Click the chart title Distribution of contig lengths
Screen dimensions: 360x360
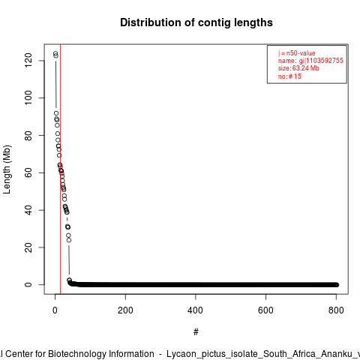[x=196, y=22]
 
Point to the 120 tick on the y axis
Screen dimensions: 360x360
[x=28, y=61]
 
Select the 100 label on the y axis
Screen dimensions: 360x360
[x=28, y=97]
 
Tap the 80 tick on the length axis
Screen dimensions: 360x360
[x=28, y=135]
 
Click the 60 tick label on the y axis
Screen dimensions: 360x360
[x=28, y=172]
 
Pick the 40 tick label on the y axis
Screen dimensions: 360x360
[x=28, y=210]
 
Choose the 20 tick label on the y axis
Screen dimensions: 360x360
[x=28, y=247]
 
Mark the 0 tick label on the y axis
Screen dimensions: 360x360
[x=28, y=284]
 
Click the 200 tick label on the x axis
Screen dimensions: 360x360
[x=125, y=310]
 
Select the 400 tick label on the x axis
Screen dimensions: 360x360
[x=196, y=310]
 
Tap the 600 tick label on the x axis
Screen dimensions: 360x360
[x=265, y=310]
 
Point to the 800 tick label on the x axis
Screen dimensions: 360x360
[x=336, y=310]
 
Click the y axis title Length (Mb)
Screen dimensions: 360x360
[x=7, y=169]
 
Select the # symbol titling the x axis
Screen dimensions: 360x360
[x=196, y=332]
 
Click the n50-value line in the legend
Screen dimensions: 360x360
[x=297, y=53]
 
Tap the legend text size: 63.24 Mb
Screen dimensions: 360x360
[x=298, y=68]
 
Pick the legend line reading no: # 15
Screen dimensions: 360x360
[x=289, y=76]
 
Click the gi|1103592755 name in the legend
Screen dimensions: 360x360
[x=321, y=61]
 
